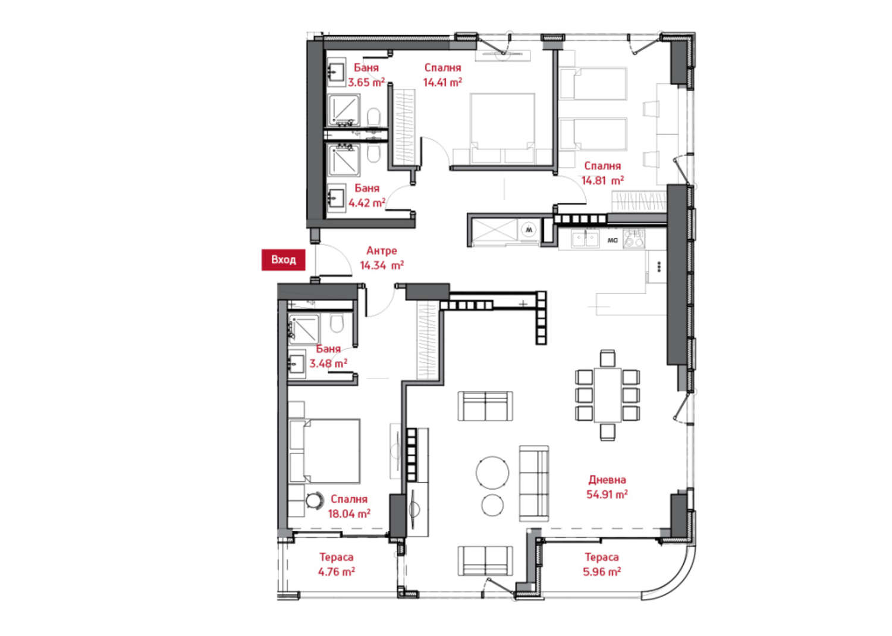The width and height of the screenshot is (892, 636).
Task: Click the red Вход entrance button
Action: pyautogui.click(x=283, y=260)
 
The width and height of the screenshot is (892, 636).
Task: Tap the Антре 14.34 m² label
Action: pyautogui.click(x=382, y=258)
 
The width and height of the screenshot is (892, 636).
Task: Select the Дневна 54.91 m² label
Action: pyautogui.click(x=607, y=487)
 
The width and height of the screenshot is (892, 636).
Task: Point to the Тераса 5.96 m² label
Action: pyautogui.click(x=602, y=564)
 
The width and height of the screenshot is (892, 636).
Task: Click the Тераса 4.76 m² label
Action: pyautogui.click(x=337, y=564)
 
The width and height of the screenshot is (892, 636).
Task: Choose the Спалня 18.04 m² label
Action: pyautogui.click(x=349, y=506)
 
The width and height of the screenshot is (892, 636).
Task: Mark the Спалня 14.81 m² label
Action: pyautogui.click(x=602, y=173)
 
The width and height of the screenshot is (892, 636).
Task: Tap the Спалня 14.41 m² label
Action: pyautogui.click(x=442, y=75)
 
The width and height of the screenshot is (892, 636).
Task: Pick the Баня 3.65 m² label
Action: pyautogui.click(x=366, y=75)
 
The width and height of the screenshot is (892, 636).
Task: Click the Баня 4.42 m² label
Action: pyautogui.click(x=367, y=195)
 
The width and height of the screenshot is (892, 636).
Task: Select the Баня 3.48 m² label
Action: pyautogui.click(x=328, y=356)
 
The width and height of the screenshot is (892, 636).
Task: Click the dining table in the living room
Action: pyautogui.click(x=607, y=395)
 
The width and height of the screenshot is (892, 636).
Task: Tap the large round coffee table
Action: pyautogui.click(x=492, y=472)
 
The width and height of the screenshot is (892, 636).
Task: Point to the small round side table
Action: pyautogui.click(x=492, y=505)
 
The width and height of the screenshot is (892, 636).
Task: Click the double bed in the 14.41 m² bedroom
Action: pyautogui.click(x=502, y=129)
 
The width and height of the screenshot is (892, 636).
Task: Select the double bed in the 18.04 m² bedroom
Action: pyautogui.click(x=325, y=451)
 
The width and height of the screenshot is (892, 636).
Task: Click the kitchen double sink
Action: pyautogui.click(x=585, y=239)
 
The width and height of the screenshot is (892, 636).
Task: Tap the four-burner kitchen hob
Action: pyautogui.click(x=633, y=239)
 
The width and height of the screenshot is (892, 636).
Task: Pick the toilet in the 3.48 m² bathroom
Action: pyautogui.click(x=337, y=324)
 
